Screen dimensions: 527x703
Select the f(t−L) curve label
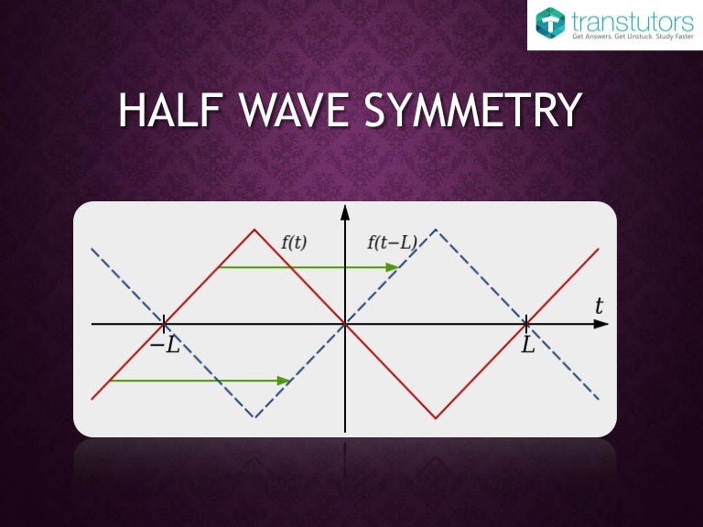[392, 242]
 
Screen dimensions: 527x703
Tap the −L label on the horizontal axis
[165, 347]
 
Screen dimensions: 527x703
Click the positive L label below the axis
[527, 347]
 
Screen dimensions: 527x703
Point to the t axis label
[599, 307]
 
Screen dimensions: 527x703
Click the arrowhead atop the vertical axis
[345, 213]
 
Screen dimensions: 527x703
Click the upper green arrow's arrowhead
[393, 267]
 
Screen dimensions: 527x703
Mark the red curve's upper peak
[254, 230]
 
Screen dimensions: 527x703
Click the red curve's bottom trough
[436, 418]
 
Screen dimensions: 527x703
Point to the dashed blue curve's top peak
[436, 230]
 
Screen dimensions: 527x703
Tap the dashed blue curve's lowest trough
[254, 418]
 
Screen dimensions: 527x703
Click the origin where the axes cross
[345, 324]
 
